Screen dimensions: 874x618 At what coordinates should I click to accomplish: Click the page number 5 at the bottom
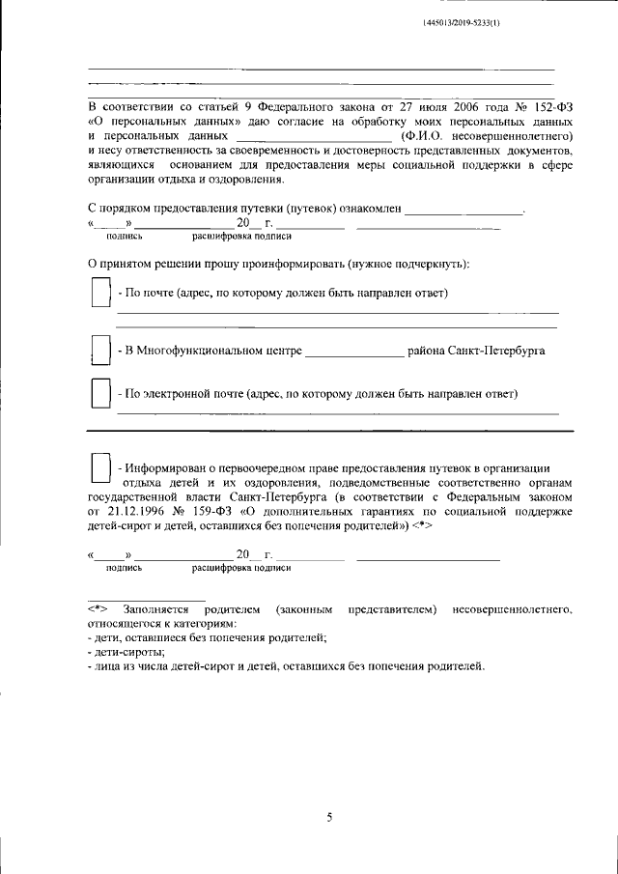(x=328, y=818)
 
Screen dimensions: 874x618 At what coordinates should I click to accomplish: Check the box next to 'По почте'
(x=98, y=293)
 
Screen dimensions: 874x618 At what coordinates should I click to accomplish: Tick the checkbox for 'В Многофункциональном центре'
(x=98, y=350)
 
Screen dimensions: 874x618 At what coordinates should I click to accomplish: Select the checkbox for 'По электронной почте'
(x=98, y=394)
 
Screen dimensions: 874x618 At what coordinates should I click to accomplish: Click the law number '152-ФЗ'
(x=548, y=108)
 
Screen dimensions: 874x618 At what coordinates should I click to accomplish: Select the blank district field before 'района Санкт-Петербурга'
(x=354, y=351)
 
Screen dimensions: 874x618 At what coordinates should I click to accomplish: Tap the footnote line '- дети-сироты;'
(x=126, y=652)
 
